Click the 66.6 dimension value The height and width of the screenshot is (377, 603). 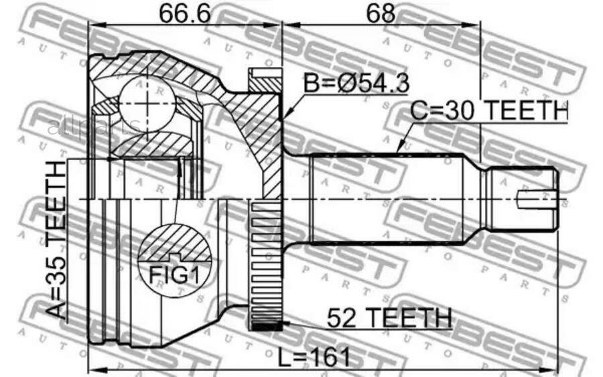[x=185, y=13]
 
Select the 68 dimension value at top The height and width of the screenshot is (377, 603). [x=381, y=13]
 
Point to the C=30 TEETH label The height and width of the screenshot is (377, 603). [x=489, y=110]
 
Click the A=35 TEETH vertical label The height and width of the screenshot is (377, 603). [x=56, y=240]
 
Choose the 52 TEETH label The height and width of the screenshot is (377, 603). [x=389, y=318]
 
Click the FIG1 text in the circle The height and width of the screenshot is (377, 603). [x=174, y=275]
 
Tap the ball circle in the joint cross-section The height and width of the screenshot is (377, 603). [x=147, y=104]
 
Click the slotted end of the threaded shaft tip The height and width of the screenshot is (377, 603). [x=537, y=199]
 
